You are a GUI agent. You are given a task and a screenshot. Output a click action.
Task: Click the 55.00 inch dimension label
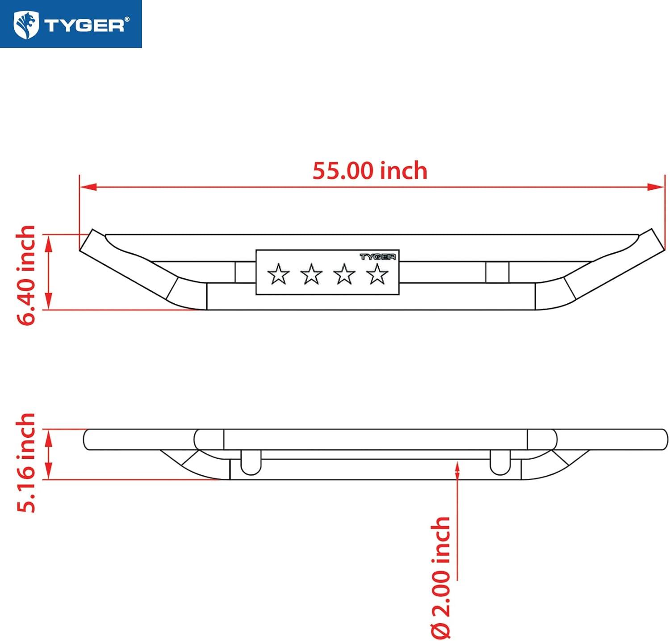coord(370,171)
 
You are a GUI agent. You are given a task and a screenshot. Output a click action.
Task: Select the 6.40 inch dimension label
coord(26,275)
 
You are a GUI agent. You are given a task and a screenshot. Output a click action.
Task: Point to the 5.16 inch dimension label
coord(25,463)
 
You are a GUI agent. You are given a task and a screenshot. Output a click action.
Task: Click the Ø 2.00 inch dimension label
coord(441,578)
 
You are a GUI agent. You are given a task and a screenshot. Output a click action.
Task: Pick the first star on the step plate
coord(278,274)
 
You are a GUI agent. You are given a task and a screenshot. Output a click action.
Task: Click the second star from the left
coord(311,274)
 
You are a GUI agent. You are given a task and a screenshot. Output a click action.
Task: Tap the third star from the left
coord(344,274)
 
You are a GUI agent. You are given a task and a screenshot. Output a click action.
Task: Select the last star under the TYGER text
coord(377,274)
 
